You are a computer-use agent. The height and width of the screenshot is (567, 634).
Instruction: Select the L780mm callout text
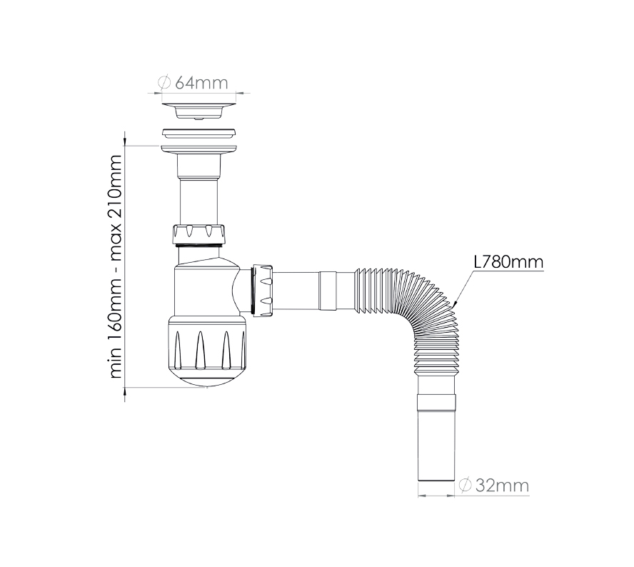click(x=508, y=262)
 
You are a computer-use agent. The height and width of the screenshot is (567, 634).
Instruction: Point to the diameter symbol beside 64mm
click(x=163, y=82)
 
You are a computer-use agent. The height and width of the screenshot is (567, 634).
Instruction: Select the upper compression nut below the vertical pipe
click(x=199, y=234)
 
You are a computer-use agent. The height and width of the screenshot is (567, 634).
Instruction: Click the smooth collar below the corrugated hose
click(x=436, y=400)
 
